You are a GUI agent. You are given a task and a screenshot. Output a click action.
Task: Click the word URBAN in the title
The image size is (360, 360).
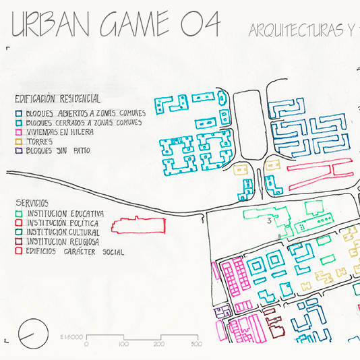(51, 24)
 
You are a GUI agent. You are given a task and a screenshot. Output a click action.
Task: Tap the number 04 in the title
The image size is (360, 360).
(200, 24)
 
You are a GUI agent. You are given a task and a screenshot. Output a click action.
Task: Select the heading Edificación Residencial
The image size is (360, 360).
(57, 99)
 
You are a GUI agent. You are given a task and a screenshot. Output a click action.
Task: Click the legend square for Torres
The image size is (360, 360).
(19, 142)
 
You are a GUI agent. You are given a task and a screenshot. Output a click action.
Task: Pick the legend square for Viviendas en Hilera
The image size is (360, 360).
(19, 132)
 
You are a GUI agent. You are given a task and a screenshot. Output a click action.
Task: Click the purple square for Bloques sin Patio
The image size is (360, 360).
(19, 150)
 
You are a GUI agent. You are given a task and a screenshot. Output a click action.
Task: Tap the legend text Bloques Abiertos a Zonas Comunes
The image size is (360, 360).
(86, 113)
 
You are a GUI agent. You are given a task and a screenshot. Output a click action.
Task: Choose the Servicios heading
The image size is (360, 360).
(32, 203)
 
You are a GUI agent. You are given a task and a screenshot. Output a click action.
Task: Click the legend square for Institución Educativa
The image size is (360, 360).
(19, 214)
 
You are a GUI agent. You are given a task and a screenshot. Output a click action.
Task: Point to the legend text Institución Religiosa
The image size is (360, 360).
(63, 242)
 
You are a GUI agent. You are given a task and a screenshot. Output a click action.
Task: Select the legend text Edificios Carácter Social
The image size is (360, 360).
(75, 251)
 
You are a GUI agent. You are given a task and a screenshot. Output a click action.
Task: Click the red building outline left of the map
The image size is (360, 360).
(138, 225)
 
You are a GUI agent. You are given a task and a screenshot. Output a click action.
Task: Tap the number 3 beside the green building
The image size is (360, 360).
(269, 220)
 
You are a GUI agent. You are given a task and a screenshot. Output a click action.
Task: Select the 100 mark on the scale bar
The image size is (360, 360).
(124, 344)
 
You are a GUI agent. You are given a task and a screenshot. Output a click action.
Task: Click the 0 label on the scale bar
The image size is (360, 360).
(86, 344)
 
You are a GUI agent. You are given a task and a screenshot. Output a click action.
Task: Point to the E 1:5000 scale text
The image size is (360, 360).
(71, 337)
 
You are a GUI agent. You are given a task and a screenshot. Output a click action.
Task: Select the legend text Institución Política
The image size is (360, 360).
(63, 223)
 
